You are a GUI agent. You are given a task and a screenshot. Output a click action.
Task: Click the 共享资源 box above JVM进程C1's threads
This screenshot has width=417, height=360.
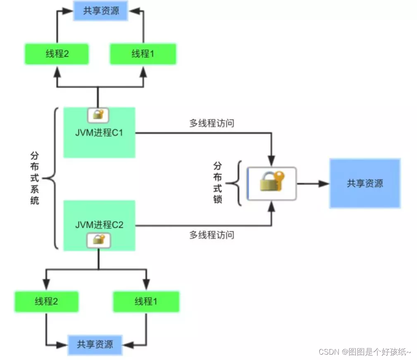tap(101, 11)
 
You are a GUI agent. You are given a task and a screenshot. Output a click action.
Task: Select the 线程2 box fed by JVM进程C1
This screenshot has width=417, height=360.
tap(57, 54)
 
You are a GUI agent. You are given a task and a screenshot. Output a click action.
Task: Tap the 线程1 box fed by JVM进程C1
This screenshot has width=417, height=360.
tap(143, 54)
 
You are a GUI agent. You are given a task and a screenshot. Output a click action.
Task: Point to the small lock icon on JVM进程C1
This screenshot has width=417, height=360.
tap(98, 115)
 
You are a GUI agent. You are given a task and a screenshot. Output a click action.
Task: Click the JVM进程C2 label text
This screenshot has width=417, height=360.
tap(99, 225)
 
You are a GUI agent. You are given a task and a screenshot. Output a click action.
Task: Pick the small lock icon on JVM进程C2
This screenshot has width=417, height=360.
tap(98, 240)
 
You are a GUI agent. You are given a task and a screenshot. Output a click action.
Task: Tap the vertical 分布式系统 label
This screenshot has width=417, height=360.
tap(35, 178)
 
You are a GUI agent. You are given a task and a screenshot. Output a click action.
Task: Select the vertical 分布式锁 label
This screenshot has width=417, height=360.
tap(218, 182)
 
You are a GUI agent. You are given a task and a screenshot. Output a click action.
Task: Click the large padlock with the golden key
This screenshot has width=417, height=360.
tap(272, 184)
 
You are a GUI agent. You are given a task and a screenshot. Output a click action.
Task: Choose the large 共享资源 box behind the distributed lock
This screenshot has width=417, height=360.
tap(365, 183)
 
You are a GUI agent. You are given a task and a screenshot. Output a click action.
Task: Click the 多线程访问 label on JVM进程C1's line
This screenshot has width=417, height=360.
tap(212, 123)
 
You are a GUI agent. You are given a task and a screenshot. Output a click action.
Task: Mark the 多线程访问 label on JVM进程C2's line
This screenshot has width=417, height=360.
tap(212, 235)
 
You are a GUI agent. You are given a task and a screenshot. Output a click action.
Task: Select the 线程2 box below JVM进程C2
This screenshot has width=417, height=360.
tap(47, 301)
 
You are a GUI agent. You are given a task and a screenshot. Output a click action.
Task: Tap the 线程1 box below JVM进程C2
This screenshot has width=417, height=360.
tap(146, 301)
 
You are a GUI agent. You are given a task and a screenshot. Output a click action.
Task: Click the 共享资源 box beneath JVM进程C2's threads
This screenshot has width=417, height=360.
tap(95, 343)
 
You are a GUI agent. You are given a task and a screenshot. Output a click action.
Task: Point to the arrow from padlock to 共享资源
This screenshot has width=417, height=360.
tap(312, 184)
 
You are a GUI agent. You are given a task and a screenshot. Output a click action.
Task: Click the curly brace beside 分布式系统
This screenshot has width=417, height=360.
tap(51, 179)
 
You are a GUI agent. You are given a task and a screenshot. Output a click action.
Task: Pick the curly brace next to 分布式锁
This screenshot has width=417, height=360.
tap(234, 183)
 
